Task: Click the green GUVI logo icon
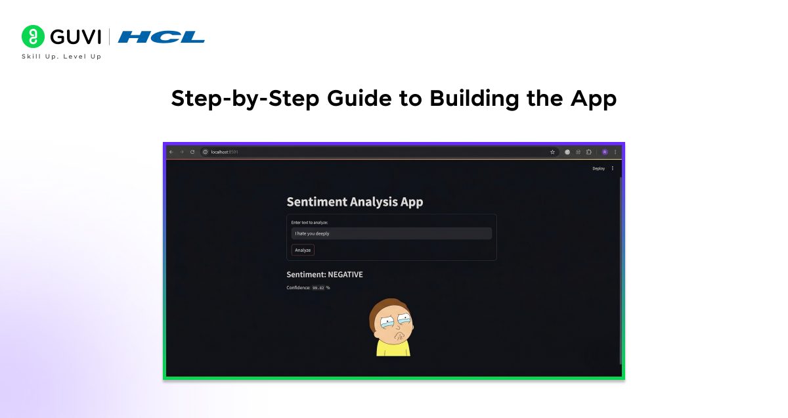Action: coord(32,36)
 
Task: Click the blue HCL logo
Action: coord(162,37)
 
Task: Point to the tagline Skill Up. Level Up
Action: coord(62,57)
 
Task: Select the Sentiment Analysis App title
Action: coord(355,202)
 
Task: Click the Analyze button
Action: coord(303,250)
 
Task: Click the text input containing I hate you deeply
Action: coord(391,233)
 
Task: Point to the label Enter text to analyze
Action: coord(309,223)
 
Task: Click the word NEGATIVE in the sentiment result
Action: coord(345,274)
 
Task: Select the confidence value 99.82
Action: coord(318,288)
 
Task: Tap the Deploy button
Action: coord(598,168)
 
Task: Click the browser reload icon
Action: coord(192,152)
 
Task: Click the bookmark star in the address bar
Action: coord(552,152)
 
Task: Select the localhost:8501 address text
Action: coord(225,152)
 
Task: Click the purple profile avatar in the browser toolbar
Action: coord(605,152)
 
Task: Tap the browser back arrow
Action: coord(171,152)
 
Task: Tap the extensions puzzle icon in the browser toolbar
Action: coord(588,152)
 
